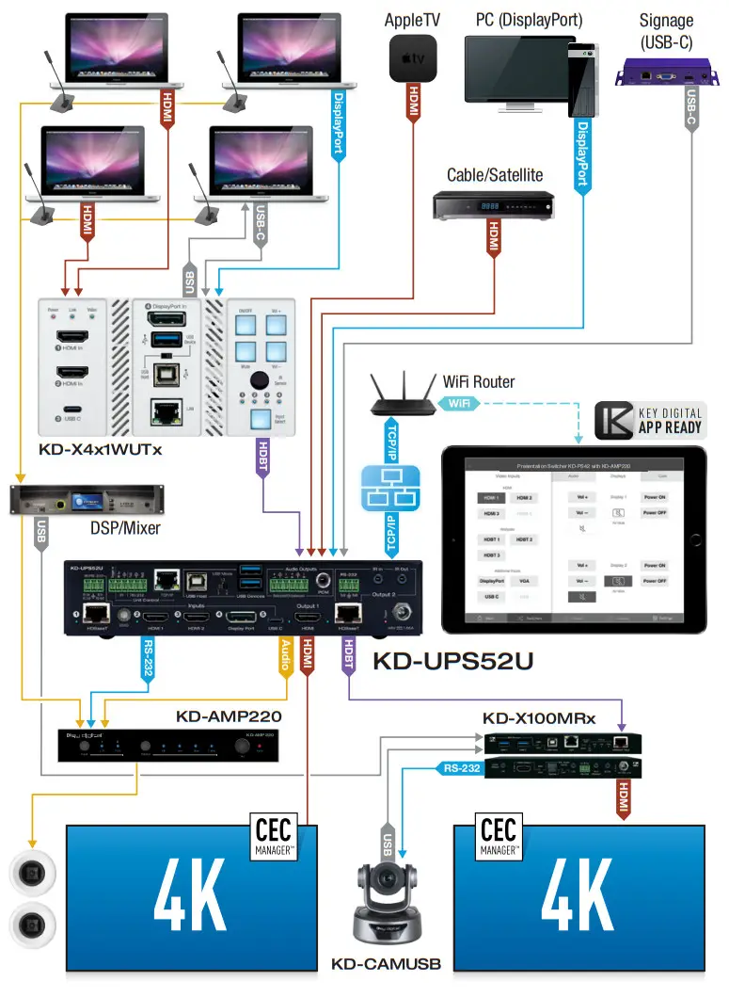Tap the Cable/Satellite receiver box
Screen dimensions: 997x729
tap(493, 205)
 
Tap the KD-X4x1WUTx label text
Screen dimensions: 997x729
tap(101, 449)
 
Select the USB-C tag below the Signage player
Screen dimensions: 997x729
tap(691, 107)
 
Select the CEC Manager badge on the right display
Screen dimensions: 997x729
tap(498, 837)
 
